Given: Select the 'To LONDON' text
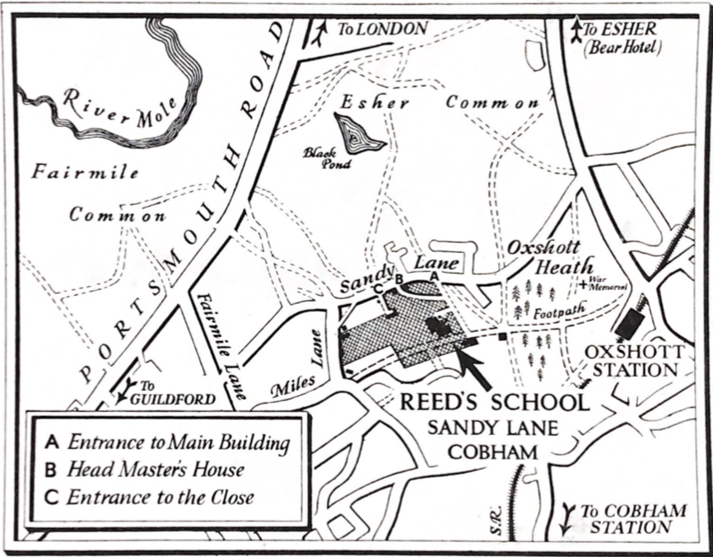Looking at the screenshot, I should pos(382,29).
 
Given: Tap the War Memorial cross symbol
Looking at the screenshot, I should pos(583,283).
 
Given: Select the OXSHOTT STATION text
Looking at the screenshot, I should pos(634,361).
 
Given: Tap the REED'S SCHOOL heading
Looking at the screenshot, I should pos(494,404).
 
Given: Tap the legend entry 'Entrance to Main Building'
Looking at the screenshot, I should pos(178,442).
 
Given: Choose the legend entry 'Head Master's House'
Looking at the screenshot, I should pos(156,470).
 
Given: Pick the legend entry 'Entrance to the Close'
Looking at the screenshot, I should pos(160,497).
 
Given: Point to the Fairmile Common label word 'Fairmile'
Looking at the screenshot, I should pos(86,173).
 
